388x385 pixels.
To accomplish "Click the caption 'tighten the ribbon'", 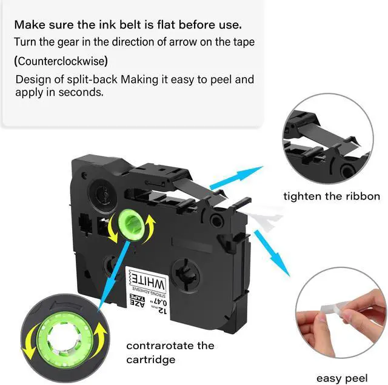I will pyautogui.click(x=332, y=196).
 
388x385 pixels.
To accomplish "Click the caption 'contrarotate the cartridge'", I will pyautogui.click(x=170, y=352).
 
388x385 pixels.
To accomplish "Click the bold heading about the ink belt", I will pyautogui.click(x=128, y=25).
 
